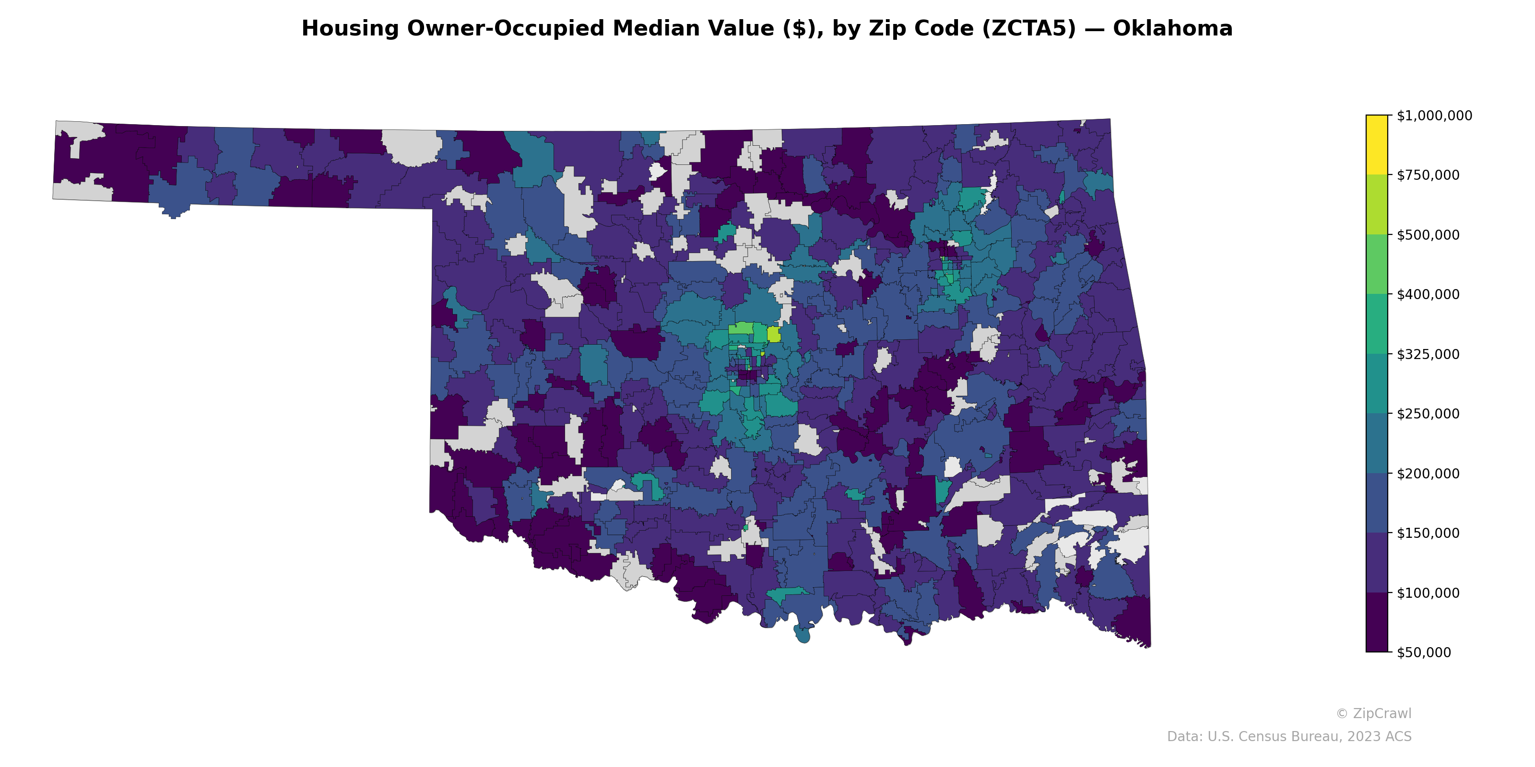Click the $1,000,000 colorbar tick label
point(1434,116)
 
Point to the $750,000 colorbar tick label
point(1428,175)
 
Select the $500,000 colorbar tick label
point(1428,234)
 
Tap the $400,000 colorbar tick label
point(1428,294)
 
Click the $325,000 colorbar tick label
point(1428,354)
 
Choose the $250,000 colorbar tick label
point(1428,414)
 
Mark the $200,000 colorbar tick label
point(1428,474)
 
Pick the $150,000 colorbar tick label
point(1428,533)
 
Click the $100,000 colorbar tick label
point(1428,593)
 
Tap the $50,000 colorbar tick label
point(1424,652)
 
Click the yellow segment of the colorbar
point(1377,145)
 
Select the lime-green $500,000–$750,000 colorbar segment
point(1377,204)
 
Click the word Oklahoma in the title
point(1172,29)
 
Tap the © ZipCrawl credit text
point(1373,713)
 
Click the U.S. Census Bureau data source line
point(1288,737)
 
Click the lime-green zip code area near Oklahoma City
point(773,335)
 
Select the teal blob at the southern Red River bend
point(802,634)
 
